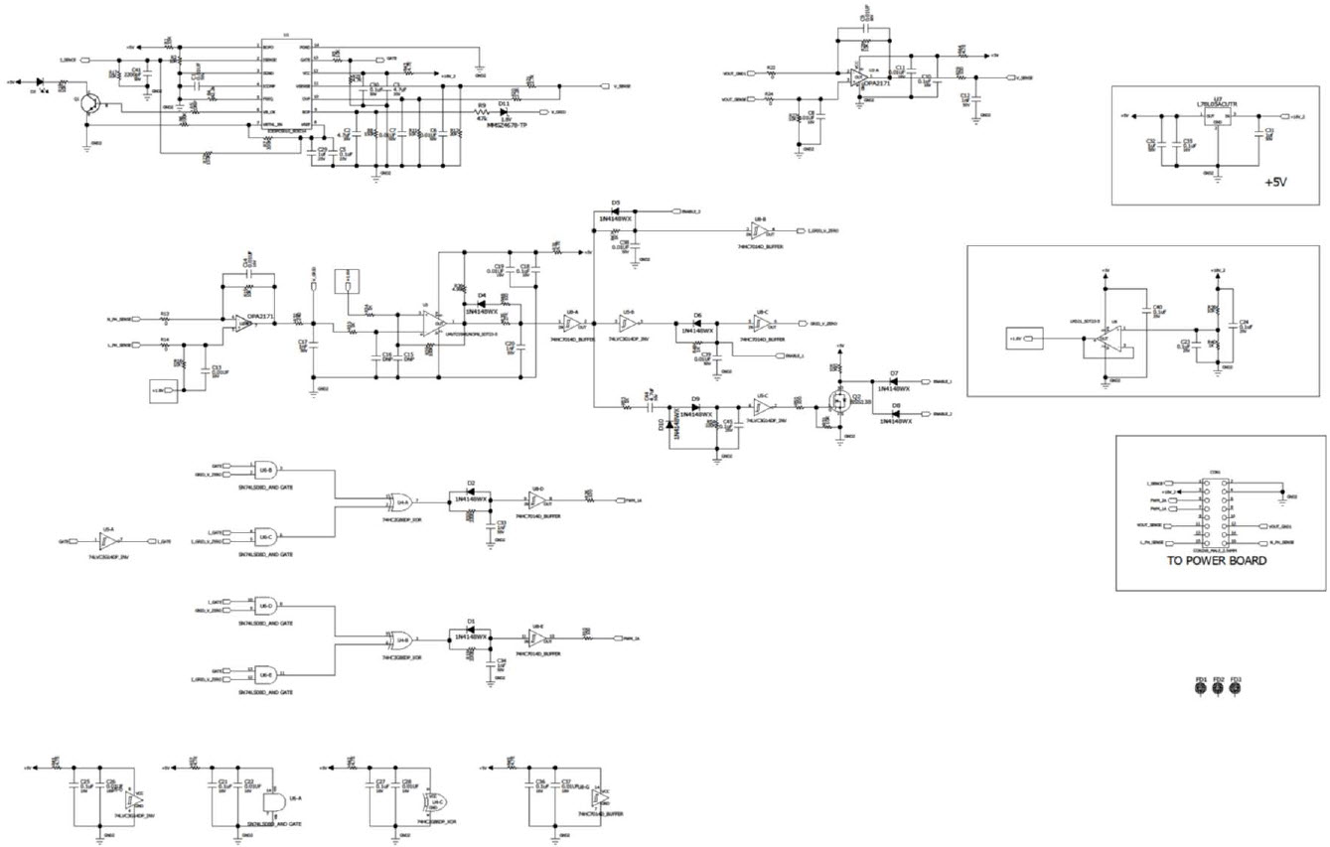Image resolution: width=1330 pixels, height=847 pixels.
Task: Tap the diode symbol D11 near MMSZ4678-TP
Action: tap(505, 111)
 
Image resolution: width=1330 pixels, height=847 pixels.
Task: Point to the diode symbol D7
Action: tap(894, 382)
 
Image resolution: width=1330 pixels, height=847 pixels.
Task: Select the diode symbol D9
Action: tap(696, 406)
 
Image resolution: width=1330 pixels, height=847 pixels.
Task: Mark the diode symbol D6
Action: tap(697, 323)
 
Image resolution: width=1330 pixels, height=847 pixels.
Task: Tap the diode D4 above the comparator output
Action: tap(482, 303)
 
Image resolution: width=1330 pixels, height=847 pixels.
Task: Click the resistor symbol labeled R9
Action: tap(481, 111)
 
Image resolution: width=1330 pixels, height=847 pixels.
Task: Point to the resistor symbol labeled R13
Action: tap(165, 320)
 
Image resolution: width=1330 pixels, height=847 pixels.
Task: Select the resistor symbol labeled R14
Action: tap(165, 346)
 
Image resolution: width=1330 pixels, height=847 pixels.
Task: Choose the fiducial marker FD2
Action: tap(1218, 690)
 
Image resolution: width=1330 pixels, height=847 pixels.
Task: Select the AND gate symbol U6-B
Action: tap(265, 470)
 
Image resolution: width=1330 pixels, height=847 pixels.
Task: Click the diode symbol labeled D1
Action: tap(471, 629)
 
